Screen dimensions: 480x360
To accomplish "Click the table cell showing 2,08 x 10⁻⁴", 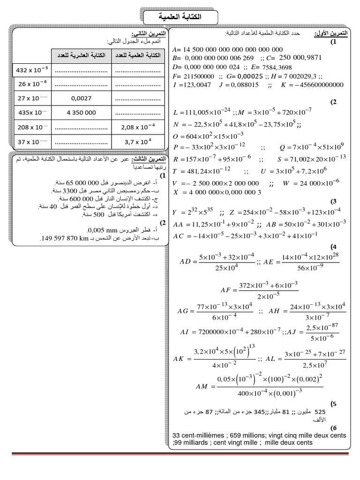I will [138, 127].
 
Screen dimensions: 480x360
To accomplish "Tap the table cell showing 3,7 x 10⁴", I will [138, 141].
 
